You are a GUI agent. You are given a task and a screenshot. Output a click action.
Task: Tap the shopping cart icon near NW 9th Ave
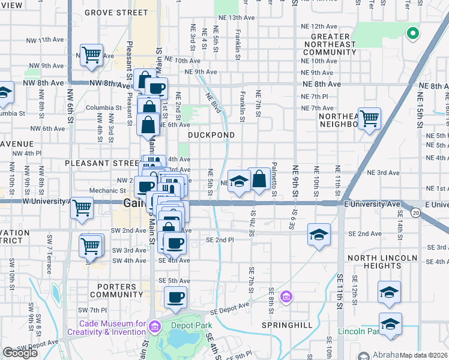click(91, 55)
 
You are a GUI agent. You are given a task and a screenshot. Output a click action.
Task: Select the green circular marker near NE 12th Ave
click(412, 33)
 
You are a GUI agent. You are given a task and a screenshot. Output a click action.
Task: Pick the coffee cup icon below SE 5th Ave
click(175, 297)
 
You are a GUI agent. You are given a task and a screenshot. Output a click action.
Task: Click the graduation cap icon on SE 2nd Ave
click(319, 234)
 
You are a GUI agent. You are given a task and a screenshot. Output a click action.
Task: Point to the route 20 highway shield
click(415, 212)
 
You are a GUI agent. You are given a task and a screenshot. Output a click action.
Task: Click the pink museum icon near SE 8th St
click(286, 296)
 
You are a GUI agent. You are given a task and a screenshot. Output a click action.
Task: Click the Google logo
click(20, 353)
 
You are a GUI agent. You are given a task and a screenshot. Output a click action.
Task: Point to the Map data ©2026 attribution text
click(423, 355)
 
